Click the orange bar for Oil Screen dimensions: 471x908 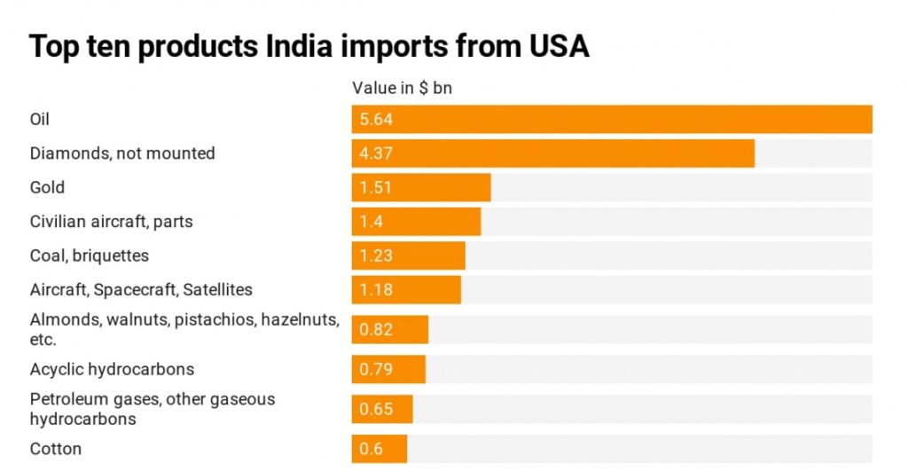pyautogui.click(x=612, y=119)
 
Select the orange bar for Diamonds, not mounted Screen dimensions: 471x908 pyautogui.click(x=553, y=153)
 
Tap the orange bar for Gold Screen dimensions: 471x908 pyautogui.click(x=421, y=187)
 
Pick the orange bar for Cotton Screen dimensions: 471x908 pyautogui.click(x=380, y=449)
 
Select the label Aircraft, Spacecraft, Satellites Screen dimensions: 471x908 pyautogui.click(x=141, y=290)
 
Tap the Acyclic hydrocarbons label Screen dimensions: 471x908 pyautogui.click(x=112, y=369)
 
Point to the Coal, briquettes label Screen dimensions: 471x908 pyautogui.click(x=90, y=255)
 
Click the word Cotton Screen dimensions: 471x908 pyautogui.click(x=56, y=449)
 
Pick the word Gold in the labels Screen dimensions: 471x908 pyautogui.click(x=47, y=187)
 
